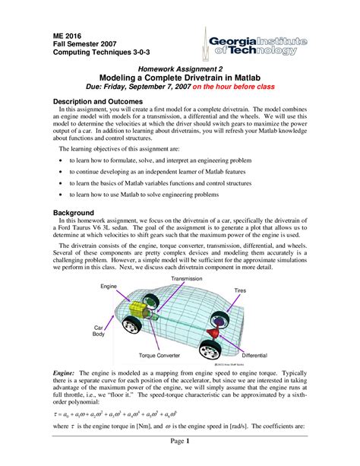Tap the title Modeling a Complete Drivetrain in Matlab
coord(180,78)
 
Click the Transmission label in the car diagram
coord(186,279)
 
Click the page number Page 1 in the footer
coord(179,441)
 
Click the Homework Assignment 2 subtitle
coord(180,68)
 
